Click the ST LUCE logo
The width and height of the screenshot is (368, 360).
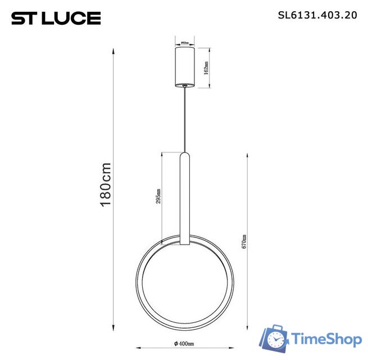(56, 19)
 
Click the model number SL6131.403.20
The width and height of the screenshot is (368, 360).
(318, 16)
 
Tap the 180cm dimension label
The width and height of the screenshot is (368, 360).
(106, 185)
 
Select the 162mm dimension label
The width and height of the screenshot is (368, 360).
(207, 68)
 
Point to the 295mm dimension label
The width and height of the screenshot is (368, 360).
(160, 196)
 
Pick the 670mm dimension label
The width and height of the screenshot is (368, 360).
(244, 242)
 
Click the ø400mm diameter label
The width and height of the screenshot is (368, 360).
(184, 343)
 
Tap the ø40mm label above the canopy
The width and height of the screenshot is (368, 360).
(184, 43)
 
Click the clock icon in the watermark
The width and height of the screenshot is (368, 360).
(276, 340)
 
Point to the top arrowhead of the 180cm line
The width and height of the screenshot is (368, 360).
(114, 51)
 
